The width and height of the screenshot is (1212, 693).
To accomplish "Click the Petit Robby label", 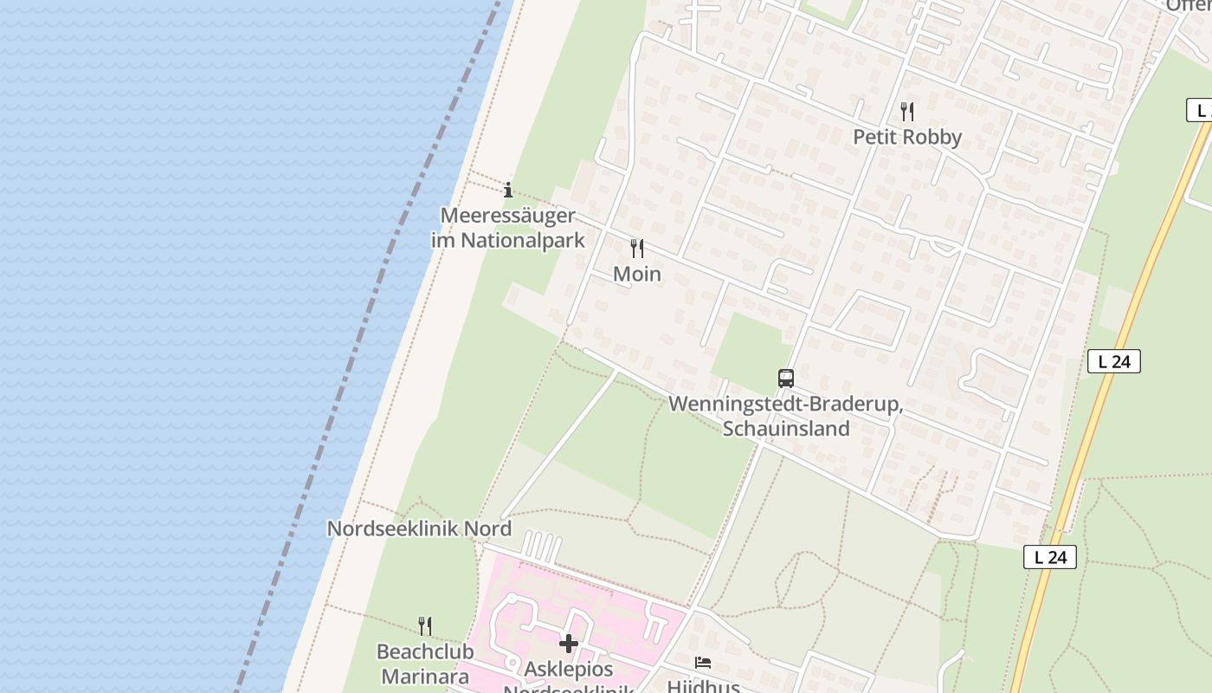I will (x=907, y=137).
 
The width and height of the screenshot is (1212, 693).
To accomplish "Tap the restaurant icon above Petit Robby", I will (x=907, y=111).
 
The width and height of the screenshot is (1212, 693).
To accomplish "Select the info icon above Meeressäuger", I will (x=508, y=190).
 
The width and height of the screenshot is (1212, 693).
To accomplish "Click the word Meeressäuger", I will (x=508, y=215).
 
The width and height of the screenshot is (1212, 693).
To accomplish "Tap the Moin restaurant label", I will (x=637, y=274).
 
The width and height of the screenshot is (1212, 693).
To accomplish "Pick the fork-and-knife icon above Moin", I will (x=637, y=249).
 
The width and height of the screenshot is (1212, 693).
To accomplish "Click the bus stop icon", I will (x=786, y=379).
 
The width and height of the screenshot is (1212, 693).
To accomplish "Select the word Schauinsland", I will (x=786, y=428).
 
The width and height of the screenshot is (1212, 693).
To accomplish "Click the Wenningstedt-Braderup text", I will (x=786, y=405).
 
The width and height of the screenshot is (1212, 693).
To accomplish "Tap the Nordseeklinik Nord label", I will (x=419, y=528).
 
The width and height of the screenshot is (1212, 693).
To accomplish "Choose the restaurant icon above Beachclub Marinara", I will (x=425, y=625).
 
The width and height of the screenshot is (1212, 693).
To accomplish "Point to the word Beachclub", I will (x=425, y=651).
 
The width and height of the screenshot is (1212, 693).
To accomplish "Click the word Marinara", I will (x=425, y=676).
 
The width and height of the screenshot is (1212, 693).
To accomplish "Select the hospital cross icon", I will (x=569, y=644).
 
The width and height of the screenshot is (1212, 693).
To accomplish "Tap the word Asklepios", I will (x=569, y=670).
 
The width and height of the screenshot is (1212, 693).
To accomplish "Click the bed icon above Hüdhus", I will (x=703, y=663).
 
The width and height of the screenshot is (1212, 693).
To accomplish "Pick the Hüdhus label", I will (x=703, y=686).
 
